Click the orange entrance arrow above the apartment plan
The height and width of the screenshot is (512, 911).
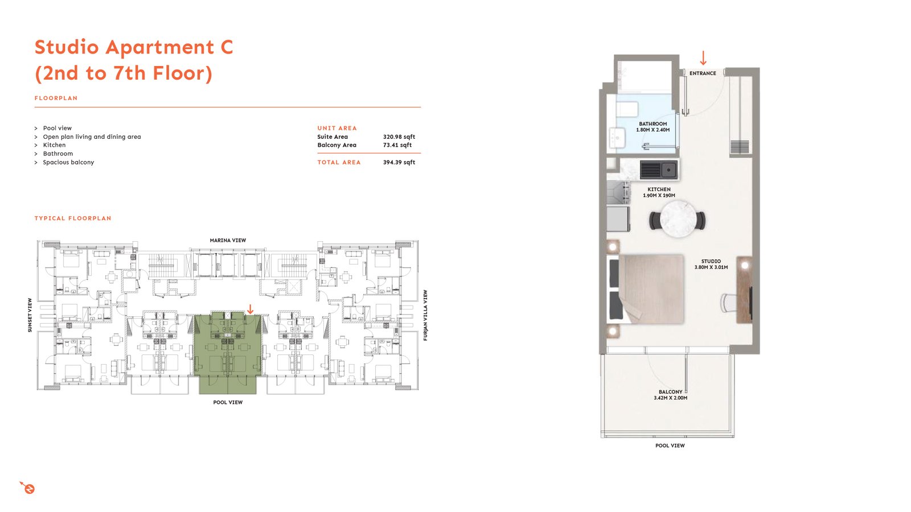pos(703,58)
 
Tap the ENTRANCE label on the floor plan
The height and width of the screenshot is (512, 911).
pos(703,73)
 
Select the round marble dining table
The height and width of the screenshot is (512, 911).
pos(678,220)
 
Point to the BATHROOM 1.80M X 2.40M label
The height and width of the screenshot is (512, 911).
pos(653,127)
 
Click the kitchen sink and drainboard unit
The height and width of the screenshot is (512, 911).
pos(659,170)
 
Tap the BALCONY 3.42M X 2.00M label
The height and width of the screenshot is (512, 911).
pos(671,395)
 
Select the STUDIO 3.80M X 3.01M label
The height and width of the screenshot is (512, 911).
pos(711,264)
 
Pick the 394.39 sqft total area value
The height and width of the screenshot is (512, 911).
pos(399,162)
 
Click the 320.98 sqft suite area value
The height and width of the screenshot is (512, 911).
pos(399,137)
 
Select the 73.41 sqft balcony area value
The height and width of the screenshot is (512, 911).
pos(397,145)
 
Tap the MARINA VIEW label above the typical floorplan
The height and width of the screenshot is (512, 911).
pos(228,241)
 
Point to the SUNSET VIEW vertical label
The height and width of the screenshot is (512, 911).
pos(30,315)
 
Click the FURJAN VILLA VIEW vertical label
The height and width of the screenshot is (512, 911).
pos(425,315)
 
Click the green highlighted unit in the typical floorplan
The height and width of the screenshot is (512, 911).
pos(228,353)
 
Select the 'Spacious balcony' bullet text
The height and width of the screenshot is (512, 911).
pos(68,162)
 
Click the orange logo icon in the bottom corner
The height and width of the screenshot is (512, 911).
pos(28,488)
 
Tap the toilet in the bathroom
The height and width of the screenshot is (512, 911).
pos(627,109)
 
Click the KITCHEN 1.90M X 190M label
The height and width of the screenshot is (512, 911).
pos(659,192)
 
